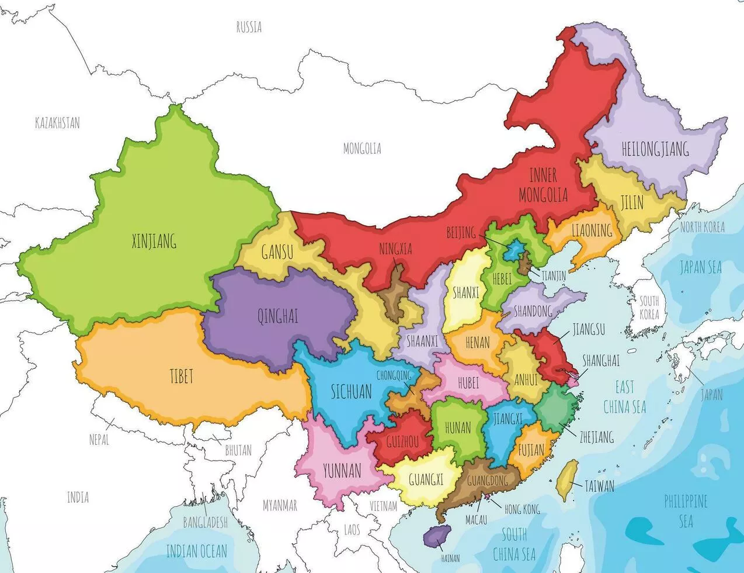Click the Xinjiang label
tap(154, 241)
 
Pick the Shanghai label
tap(601, 361)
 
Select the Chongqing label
tap(398, 375)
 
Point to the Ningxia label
tap(395, 249)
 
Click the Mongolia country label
tap(362, 149)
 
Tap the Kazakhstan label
tap(57, 123)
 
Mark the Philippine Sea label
tap(686, 510)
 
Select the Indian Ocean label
tap(196, 550)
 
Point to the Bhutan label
tap(238, 450)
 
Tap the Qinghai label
tap(277, 316)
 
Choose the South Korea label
tap(649, 308)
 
